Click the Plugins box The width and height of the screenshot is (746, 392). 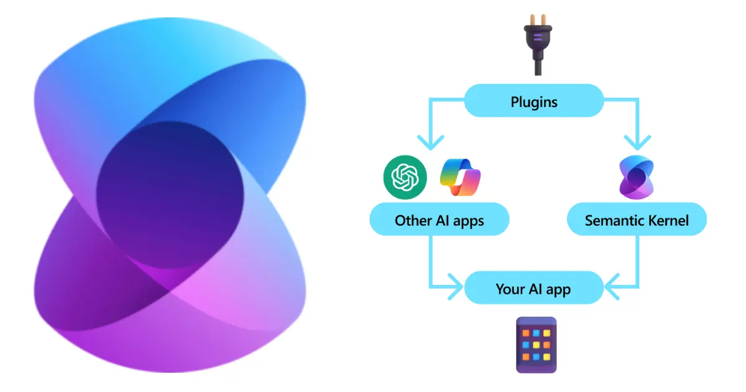[533, 101]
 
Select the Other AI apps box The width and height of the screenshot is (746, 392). [439, 220]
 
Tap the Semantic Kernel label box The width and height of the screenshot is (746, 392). [637, 220]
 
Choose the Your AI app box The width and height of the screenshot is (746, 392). [533, 289]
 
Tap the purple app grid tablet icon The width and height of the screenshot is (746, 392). [536, 345]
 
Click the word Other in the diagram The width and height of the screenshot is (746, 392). [411, 220]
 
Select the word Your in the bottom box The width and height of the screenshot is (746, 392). [510, 289]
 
